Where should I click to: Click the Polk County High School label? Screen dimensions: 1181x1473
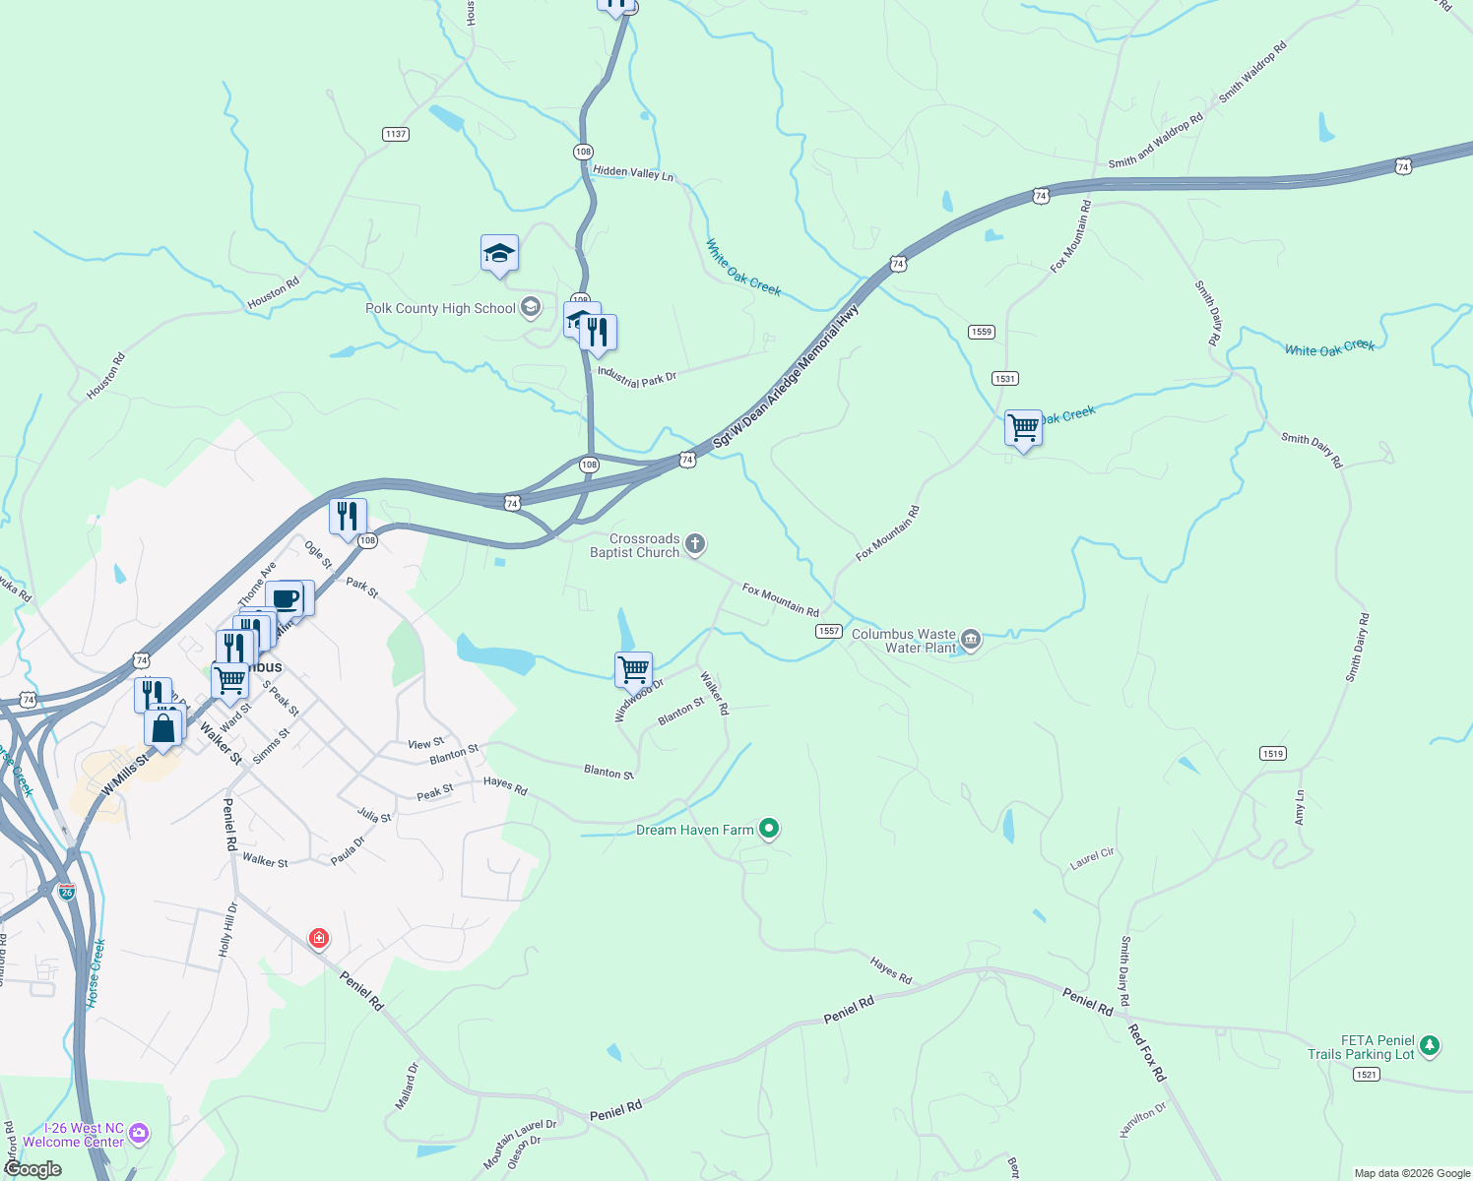click(440, 309)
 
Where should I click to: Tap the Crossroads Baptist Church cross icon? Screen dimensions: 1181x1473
click(695, 543)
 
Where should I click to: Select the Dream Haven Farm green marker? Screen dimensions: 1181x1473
click(770, 830)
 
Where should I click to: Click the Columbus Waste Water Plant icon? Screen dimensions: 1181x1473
click(971, 641)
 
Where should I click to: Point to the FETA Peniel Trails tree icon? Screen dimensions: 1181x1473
click(1430, 1046)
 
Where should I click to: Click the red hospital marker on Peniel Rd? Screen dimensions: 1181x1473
click(318, 938)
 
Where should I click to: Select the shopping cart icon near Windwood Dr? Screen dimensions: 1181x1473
click(633, 669)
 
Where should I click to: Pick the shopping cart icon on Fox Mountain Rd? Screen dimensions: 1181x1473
click(1023, 428)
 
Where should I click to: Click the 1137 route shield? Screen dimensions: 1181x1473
click(396, 134)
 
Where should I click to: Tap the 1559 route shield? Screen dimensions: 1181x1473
click(982, 332)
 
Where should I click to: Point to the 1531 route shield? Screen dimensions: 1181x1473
click(1005, 379)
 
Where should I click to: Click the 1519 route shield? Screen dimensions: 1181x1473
click(1272, 754)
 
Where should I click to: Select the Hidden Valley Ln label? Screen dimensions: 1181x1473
click(633, 172)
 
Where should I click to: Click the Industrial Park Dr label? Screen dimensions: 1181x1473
click(637, 377)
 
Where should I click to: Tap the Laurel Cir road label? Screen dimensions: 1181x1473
click(1092, 858)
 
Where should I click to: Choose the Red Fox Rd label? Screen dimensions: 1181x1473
click(1146, 1053)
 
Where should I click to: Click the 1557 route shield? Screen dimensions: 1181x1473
click(828, 631)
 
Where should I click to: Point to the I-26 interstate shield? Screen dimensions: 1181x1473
click(66, 893)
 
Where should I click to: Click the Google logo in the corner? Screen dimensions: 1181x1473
click(33, 1169)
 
